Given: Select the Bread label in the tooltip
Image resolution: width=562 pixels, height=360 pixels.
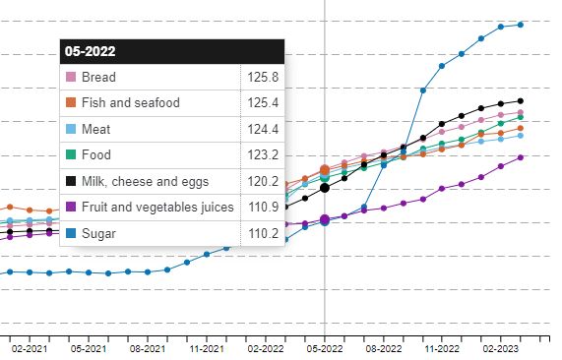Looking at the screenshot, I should (98, 77).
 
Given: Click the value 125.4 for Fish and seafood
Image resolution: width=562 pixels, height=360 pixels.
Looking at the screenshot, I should (262, 102).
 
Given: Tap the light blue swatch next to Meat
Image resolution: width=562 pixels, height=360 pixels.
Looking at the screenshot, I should (70, 129).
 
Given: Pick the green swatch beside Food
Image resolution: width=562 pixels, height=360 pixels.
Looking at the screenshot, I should (70, 155).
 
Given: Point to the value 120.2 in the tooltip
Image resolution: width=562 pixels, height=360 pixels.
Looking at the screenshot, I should (262, 181).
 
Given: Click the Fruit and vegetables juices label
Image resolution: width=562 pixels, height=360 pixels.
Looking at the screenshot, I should (157, 207).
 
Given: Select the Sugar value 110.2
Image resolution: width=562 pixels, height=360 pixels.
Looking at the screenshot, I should (262, 233).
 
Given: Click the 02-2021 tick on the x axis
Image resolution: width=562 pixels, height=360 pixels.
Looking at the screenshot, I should (30, 348).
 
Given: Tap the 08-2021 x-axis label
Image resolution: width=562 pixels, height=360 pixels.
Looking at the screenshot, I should (147, 348).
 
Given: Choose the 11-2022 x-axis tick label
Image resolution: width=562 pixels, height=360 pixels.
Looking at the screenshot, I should (442, 348).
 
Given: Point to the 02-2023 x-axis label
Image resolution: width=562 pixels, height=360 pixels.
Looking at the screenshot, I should (501, 348).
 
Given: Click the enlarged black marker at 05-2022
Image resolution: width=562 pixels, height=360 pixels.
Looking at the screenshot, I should (325, 187).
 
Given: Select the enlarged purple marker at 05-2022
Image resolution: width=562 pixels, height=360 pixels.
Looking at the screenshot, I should (325, 219).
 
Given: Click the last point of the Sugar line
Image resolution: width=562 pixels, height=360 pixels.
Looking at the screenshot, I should (521, 25).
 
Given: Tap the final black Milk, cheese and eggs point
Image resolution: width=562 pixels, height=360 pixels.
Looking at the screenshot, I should (521, 100).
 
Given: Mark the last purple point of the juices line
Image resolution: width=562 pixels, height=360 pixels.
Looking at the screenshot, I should (521, 157).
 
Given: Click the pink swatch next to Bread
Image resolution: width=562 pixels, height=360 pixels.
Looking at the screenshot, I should (70, 77).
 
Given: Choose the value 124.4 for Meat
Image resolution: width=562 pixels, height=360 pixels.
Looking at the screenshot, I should (262, 129).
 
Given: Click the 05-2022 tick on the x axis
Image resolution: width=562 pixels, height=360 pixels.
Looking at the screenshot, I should (325, 348).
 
